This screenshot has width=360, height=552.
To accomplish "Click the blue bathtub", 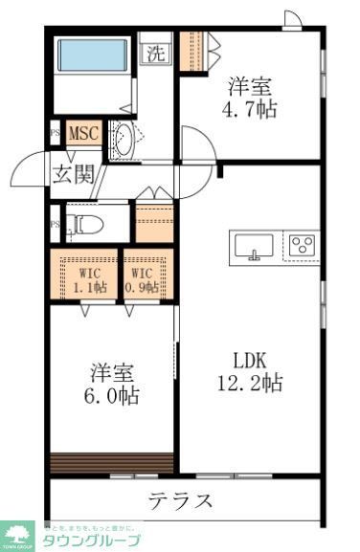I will pyautogui.click(x=93, y=55).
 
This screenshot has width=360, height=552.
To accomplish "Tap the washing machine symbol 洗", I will pyautogui.click(x=155, y=54).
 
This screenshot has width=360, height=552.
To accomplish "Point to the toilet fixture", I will pyautogui.click(x=87, y=225).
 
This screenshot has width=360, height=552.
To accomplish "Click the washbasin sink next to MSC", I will pyautogui.click(x=123, y=140).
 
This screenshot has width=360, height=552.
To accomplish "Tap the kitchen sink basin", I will pyautogui.click(x=253, y=246).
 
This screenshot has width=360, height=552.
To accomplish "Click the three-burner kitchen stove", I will pyautogui.click(x=304, y=245).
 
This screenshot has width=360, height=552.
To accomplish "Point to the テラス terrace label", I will pyautogui.click(x=180, y=500).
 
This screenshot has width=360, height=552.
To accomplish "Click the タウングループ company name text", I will pyautogui.click(x=91, y=541).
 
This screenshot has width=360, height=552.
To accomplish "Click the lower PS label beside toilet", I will pyautogui.click(x=55, y=226).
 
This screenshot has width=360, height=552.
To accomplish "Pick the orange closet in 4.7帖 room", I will pyautogui.click(x=191, y=46).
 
